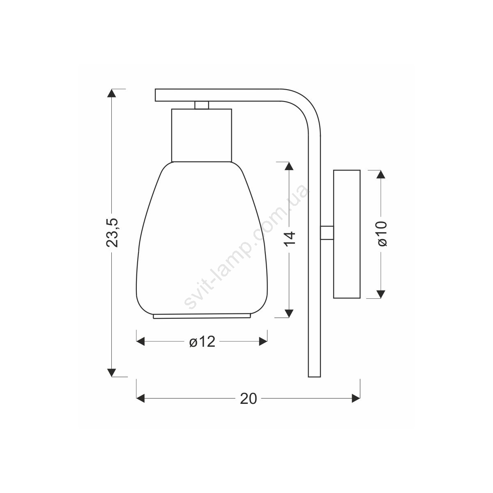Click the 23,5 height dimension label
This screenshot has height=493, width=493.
point(112,233)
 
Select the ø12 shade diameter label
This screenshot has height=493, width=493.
point(202,342)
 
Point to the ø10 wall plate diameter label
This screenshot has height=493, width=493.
point(382,233)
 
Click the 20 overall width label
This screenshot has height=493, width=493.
point(248,399)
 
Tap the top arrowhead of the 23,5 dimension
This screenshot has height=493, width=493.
point(112,93)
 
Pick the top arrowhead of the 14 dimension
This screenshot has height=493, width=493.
point(289,166)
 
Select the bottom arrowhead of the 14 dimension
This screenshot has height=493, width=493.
point(289,313)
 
